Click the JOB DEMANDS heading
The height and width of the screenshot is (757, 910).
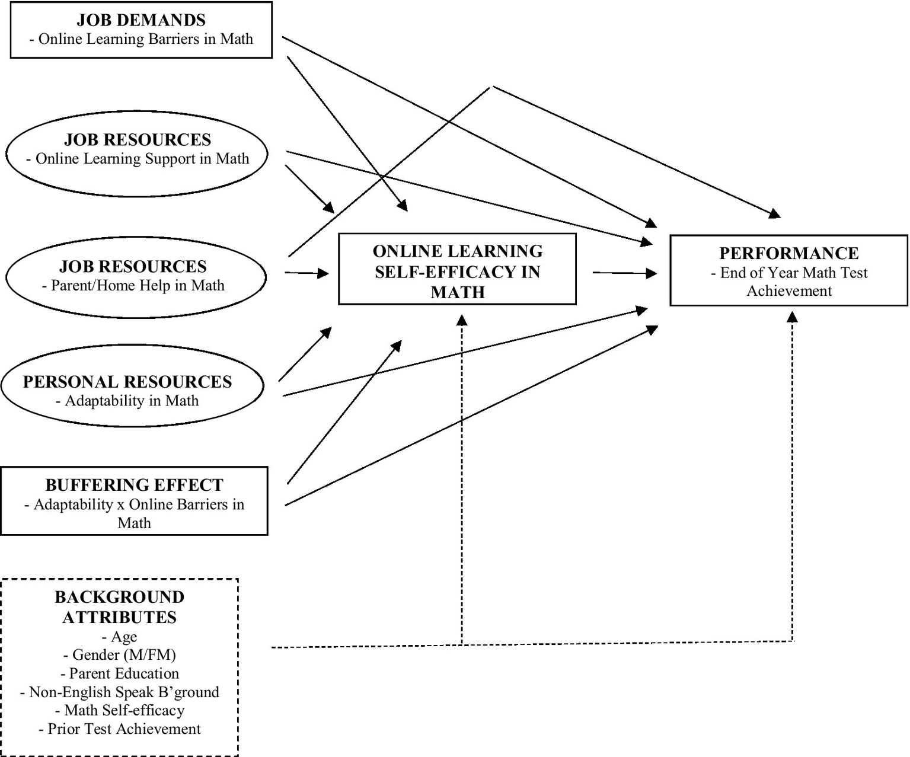click(141, 20)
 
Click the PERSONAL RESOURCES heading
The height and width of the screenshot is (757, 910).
click(127, 381)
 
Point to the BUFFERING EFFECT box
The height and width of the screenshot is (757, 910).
click(134, 501)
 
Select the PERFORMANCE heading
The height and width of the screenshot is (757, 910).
click(788, 253)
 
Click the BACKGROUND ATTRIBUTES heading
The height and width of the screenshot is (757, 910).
click(120, 607)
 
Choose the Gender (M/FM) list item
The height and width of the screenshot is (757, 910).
click(120, 655)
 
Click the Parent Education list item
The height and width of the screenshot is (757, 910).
click(120, 673)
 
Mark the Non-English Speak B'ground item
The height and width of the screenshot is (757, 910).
click(120, 692)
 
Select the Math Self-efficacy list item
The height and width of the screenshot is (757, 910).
click(120, 710)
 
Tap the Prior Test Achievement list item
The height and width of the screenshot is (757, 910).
click(120, 729)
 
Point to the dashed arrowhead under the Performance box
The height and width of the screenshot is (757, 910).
click(792, 317)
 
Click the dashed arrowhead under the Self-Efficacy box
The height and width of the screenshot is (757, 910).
click(462, 320)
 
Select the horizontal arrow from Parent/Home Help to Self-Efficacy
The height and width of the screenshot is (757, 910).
click(306, 273)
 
